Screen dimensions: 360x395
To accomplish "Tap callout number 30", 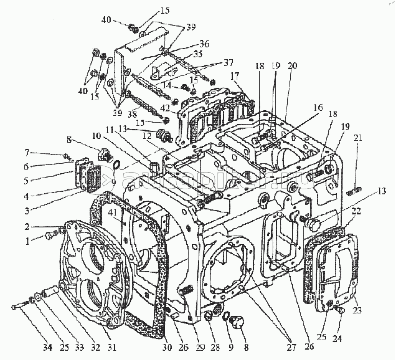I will point(167,348).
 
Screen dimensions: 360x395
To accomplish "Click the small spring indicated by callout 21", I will point(353,192).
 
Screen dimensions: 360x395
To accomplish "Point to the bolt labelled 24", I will point(339,310).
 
